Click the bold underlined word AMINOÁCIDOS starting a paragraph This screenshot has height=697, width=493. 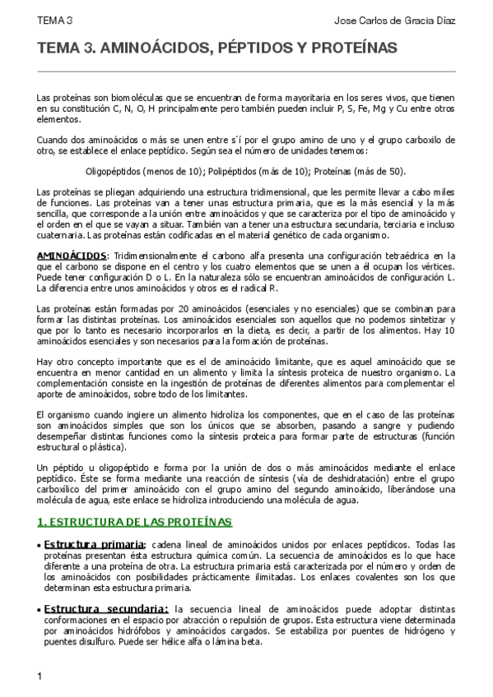72,256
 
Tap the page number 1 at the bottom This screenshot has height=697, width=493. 40,676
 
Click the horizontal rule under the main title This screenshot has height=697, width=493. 246,72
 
